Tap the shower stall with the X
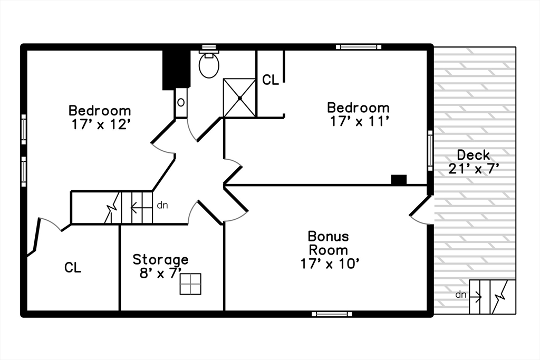(x=239, y=98)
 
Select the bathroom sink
(x=181, y=102)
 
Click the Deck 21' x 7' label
(x=474, y=162)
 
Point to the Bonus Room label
(x=329, y=243)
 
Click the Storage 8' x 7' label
(x=160, y=265)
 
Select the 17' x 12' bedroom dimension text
(x=100, y=124)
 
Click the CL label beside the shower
(x=271, y=80)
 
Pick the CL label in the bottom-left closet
(x=73, y=268)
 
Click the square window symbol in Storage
(x=190, y=284)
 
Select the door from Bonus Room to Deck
(x=421, y=210)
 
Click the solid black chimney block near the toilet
(x=175, y=69)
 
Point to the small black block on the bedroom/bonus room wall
(x=399, y=180)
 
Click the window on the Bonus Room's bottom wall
(x=332, y=314)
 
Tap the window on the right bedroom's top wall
(x=359, y=47)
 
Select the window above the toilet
(x=209, y=47)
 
